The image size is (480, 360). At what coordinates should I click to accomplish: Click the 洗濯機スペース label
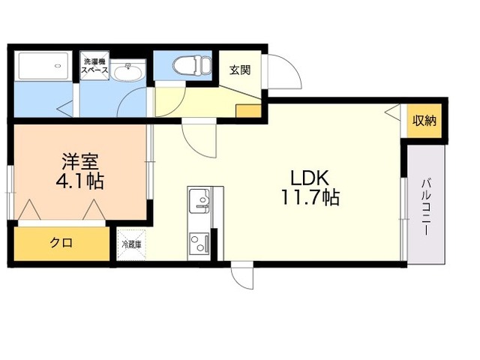[96, 66]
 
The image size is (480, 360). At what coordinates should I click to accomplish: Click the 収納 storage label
[425, 121]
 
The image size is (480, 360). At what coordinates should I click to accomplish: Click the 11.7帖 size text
[310, 199]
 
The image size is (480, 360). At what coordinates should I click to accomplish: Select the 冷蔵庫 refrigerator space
[131, 244]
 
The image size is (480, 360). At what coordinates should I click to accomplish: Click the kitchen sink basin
[199, 199]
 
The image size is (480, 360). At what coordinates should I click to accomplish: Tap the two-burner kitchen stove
[199, 244]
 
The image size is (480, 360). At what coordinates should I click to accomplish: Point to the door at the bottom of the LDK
[242, 276]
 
